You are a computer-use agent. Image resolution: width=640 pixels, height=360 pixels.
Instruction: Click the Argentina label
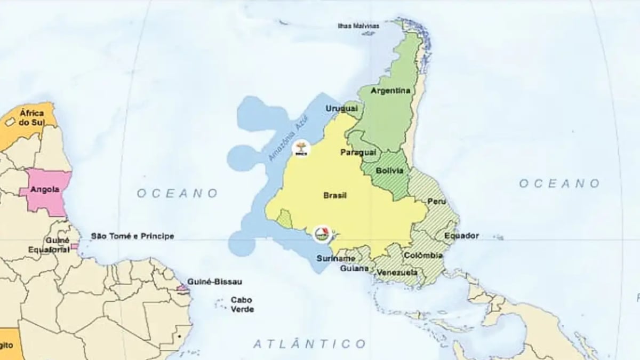pyautogui.click(x=390, y=91)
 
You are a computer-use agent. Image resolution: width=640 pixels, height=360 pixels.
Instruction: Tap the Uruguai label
pyautogui.click(x=341, y=109)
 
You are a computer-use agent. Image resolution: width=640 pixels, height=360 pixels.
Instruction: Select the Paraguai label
pyautogui.click(x=358, y=153)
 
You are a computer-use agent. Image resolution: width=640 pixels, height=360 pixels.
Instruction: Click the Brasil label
pyautogui.click(x=335, y=196)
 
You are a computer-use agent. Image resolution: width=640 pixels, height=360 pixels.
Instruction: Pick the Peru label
pyautogui.click(x=433, y=202)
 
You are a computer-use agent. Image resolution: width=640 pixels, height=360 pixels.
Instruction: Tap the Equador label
pyautogui.click(x=461, y=235)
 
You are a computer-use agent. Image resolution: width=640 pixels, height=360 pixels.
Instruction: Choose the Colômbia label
pyautogui.click(x=423, y=255)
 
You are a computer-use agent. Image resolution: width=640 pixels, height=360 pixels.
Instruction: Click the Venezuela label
pyautogui.click(x=397, y=273)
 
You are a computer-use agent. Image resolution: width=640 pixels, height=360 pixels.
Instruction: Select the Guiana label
pyautogui.click(x=354, y=268)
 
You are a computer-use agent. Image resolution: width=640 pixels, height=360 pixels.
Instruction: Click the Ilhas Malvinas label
pyautogui.click(x=359, y=26)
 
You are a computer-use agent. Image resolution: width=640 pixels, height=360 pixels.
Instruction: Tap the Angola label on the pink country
pyautogui.click(x=45, y=189)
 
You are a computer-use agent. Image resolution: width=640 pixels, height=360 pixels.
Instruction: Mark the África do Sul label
pyautogui.click(x=31, y=117)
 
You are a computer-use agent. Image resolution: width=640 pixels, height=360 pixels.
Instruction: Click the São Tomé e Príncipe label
pyautogui.click(x=132, y=236)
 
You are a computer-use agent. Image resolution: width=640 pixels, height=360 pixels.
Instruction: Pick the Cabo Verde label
pyautogui.click(x=242, y=305)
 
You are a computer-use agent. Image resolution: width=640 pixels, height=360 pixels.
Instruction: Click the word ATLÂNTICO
pyautogui.click(x=309, y=343)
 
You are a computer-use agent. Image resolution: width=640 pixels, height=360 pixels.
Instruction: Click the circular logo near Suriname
pyautogui.click(x=322, y=233)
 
